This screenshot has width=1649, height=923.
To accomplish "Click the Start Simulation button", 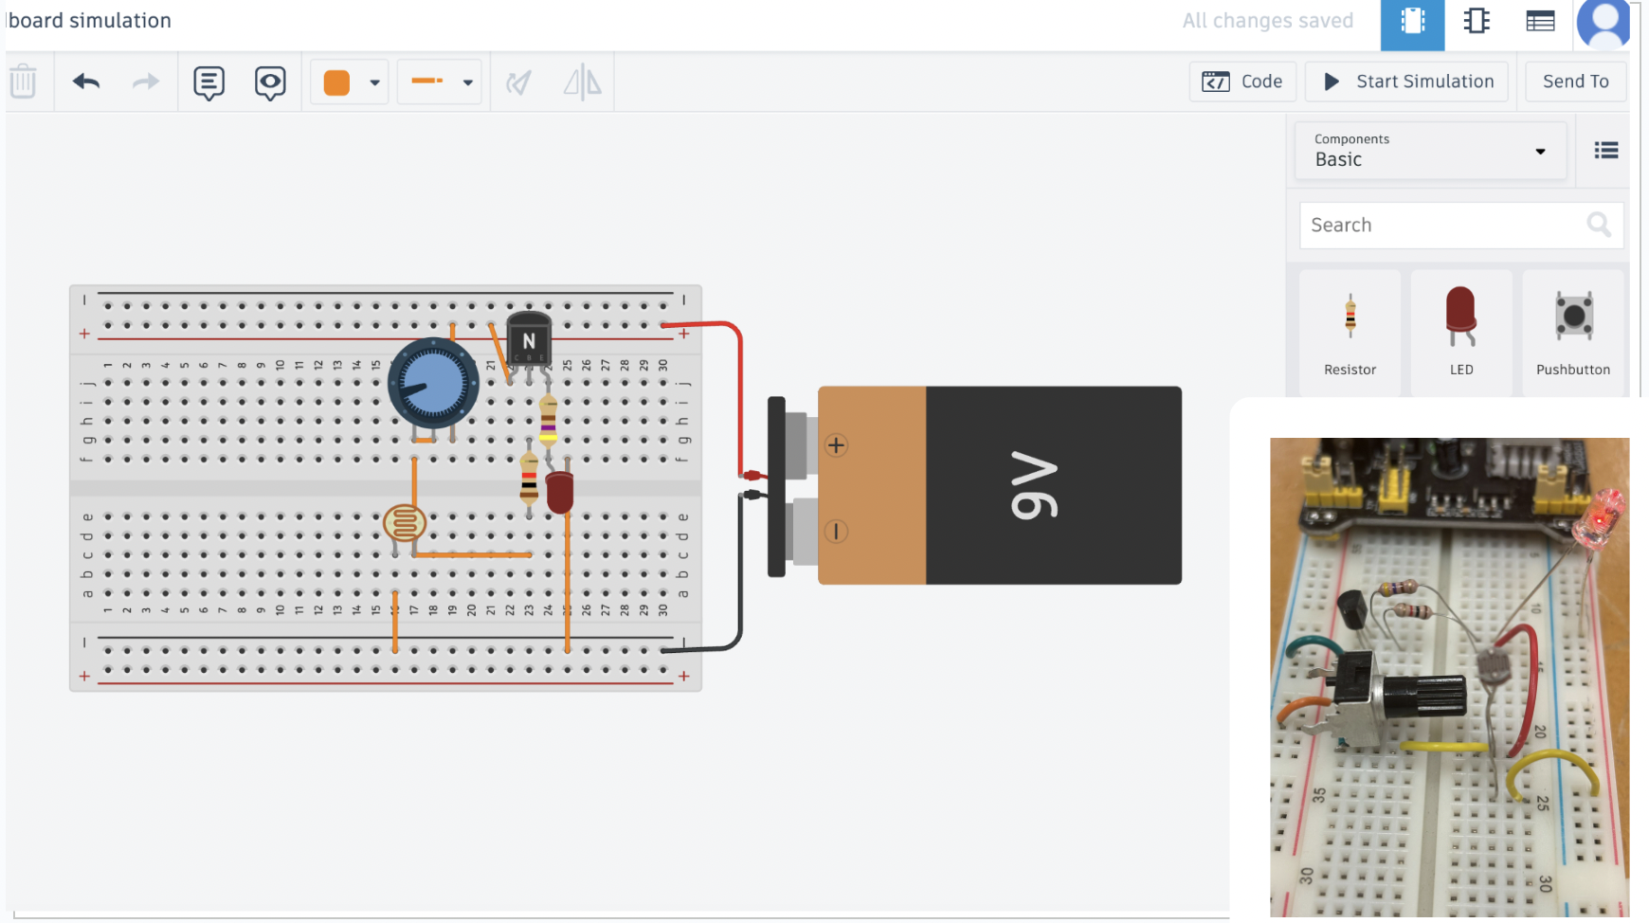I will click(x=1407, y=81).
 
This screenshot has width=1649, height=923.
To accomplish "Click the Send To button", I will click(x=1575, y=81).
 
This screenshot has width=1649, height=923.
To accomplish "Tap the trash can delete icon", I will click(x=24, y=81).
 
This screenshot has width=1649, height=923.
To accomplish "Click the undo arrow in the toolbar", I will click(x=86, y=81).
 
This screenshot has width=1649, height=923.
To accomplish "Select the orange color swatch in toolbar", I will click(x=336, y=82).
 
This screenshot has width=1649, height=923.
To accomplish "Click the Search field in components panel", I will click(x=1441, y=226).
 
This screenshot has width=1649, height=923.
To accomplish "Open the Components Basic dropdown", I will click(x=1430, y=151).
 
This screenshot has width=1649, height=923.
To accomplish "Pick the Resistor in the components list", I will click(x=1350, y=332).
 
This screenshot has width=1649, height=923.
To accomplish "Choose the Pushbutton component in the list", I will click(x=1573, y=332).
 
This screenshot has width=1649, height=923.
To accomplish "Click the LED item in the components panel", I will click(x=1460, y=332).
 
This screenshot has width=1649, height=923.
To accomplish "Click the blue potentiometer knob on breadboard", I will click(x=433, y=384).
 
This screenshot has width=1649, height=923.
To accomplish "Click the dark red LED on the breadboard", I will click(x=560, y=492).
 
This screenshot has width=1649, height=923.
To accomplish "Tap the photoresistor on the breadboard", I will click(x=405, y=523).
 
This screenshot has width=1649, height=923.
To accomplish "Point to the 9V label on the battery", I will click(x=1034, y=485).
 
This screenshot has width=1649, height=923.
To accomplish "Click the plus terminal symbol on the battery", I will click(x=836, y=445).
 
